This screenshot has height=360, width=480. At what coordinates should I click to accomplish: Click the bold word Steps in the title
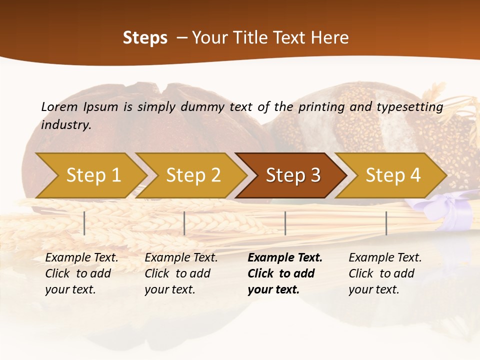coord(145,38)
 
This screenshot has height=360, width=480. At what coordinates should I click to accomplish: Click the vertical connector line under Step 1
coord(84,223)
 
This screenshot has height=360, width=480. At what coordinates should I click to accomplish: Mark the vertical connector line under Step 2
coord(184,223)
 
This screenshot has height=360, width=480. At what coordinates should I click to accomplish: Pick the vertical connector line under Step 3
coord(285,223)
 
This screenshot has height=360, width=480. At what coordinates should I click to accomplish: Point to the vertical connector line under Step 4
coord(386,223)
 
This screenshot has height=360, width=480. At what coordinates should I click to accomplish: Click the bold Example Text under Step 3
coord(285,258)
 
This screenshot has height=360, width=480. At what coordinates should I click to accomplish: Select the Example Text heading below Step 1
coord(81,258)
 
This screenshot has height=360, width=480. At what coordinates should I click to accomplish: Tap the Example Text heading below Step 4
coord(385,258)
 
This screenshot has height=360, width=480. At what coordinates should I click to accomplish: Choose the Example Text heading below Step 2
coord(181,258)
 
